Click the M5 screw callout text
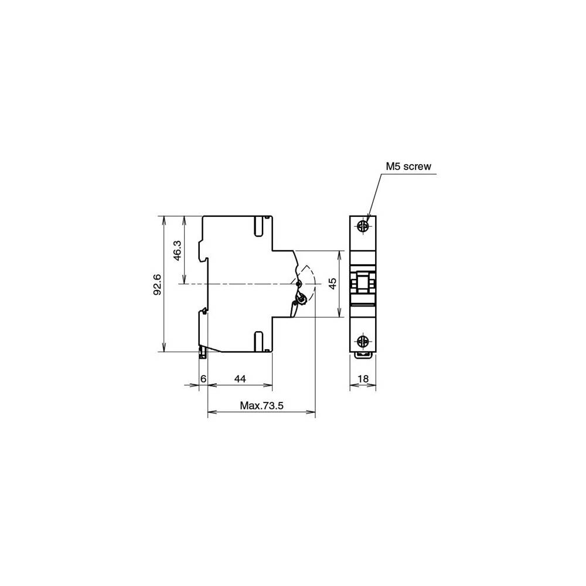408,166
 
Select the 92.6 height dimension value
158,284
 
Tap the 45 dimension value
332,284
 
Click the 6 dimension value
203,379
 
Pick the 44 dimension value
240,379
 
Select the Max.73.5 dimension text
262,405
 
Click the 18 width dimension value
363,379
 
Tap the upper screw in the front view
363,225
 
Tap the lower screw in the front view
363,340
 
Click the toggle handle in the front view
363,284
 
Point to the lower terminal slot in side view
258,341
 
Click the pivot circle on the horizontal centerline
298,284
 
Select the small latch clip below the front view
363,354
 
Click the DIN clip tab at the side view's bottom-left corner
203,352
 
